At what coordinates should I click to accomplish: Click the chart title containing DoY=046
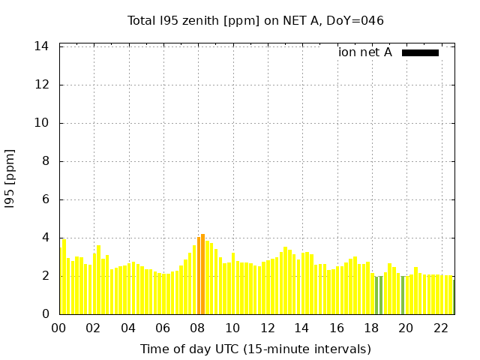[255, 20]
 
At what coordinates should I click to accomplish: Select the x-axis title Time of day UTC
[255, 349]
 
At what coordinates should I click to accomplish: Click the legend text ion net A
[364, 52]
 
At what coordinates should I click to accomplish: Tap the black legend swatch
[420, 52]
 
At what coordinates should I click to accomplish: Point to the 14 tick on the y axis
[42, 46]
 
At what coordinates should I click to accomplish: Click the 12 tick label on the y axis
[42, 85]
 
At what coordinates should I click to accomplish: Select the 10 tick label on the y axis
[42, 123]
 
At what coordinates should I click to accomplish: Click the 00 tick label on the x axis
[59, 328]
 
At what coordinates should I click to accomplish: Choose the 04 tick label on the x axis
[128, 328]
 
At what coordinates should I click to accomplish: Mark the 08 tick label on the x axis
[198, 328]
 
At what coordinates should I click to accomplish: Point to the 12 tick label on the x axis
[267, 328]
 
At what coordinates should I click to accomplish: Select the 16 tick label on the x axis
[337, 328]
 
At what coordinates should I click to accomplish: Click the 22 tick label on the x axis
[440, 328]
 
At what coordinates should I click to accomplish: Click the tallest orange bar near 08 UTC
[202, 274]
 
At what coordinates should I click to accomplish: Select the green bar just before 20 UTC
[403, 295]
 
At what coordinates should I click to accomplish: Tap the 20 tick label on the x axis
[406, 328]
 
